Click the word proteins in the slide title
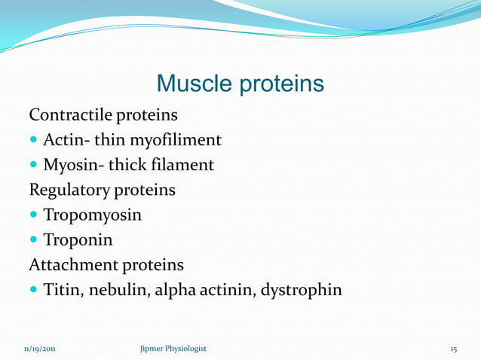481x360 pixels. pyautogui.click(x=280, y=84)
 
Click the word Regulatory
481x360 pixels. pyautogui.click(x=66, y=190)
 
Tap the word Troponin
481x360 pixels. pyautogui.click(x=78, y=240)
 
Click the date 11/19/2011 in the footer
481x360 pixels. pyautogui.click(x=32, y=349)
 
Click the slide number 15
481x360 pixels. pyautogui.click(x=453, y=349)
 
